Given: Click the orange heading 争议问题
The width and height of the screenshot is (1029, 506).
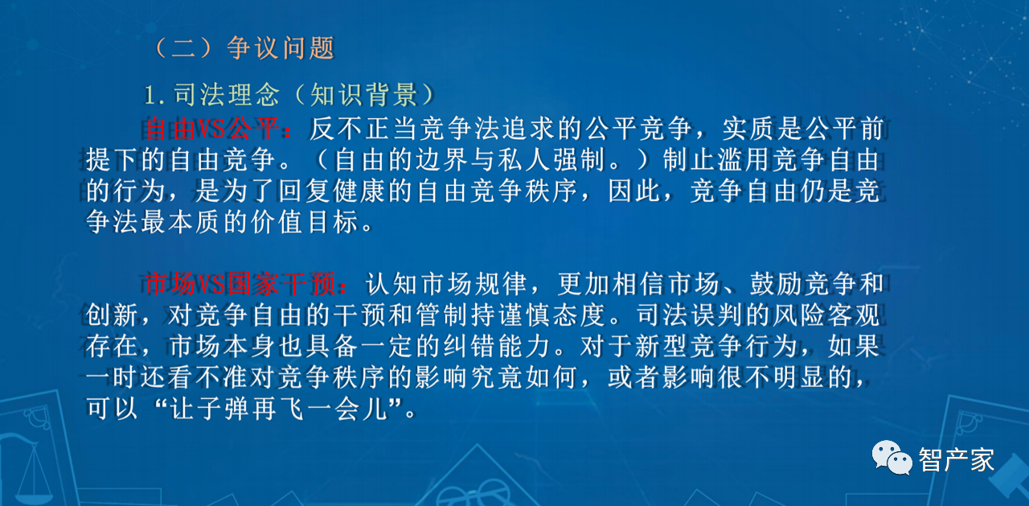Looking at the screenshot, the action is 281,47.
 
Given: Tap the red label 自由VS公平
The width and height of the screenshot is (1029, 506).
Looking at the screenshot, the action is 213,128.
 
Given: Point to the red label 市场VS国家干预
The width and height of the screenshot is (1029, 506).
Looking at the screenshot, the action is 240,283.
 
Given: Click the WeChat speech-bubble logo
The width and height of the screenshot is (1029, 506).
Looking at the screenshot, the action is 892,457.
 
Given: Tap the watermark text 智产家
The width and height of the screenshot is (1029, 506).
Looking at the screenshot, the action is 957,459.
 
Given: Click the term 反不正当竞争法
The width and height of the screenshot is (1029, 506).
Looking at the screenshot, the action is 391,128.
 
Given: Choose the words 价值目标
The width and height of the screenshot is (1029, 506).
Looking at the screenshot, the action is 305,222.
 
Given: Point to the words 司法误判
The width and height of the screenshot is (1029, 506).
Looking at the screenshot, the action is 690,315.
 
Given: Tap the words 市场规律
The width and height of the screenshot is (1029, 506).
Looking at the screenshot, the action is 474,283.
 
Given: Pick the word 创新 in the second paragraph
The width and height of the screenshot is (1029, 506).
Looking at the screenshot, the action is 112,315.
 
